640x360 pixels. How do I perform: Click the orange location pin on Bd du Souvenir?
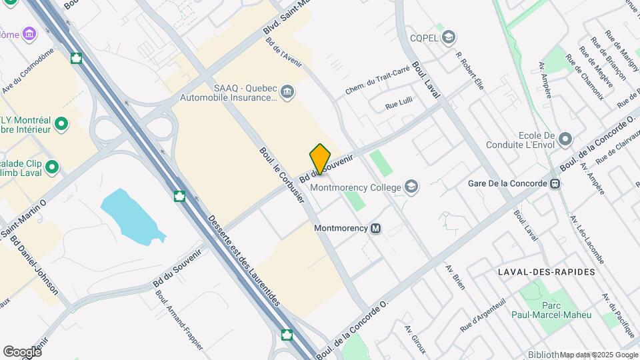tap(320, 159)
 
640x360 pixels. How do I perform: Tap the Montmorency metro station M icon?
tap(376, 229)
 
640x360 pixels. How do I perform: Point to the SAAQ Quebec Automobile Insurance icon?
tap(287, 91)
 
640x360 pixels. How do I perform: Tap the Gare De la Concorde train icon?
tap(553, 183)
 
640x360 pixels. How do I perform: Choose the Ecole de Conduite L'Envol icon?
tap(565, 139)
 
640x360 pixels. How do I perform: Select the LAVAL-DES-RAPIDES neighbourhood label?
tap(545, 272)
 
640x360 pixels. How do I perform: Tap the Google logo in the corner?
tap(22, 351)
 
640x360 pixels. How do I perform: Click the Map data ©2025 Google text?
tap(599, 355)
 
